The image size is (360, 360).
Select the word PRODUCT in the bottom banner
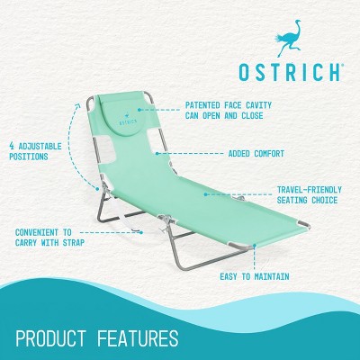pos(56,339)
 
